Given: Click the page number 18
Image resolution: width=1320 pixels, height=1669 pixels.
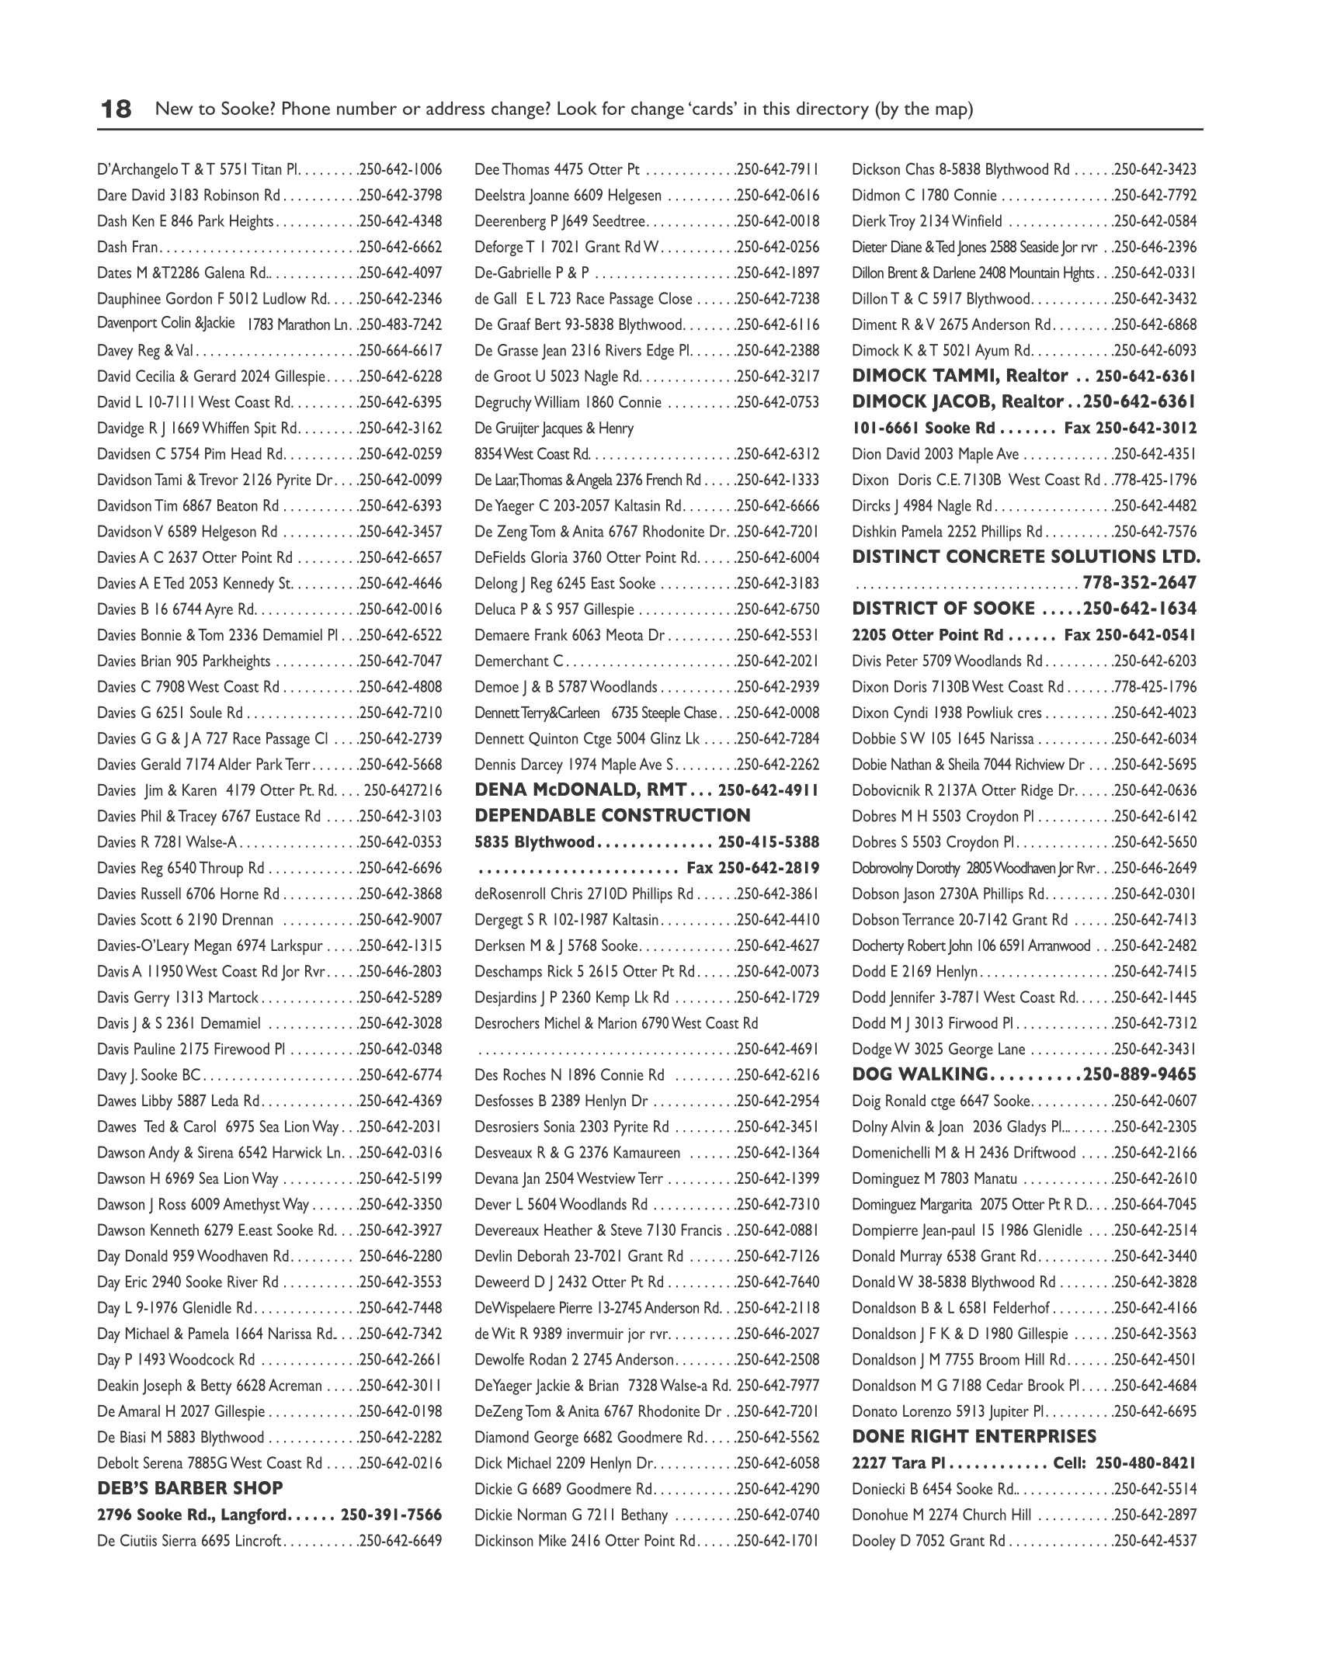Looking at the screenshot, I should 116,109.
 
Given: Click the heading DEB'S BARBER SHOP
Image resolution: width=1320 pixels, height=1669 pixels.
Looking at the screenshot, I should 190,1488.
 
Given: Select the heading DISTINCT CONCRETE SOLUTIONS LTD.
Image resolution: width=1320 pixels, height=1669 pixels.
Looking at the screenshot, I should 1026,557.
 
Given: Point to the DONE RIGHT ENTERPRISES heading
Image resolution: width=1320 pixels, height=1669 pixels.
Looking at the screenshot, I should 974,1436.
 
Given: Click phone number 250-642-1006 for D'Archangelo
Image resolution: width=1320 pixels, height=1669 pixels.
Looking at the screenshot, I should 401,169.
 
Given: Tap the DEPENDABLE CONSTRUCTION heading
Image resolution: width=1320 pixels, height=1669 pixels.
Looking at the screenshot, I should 613,815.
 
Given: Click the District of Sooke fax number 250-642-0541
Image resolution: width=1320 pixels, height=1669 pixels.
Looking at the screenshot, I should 1146,635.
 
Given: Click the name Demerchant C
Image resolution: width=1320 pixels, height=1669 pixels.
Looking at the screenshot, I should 519,661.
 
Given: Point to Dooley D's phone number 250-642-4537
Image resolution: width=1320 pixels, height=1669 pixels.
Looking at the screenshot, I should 1156,1540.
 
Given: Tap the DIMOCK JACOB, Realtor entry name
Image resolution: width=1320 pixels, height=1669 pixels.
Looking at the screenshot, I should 957,401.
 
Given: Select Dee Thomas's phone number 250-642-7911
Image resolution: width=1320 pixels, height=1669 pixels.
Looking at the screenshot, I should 779,169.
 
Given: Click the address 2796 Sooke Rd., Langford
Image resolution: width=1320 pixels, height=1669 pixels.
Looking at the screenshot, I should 193,1514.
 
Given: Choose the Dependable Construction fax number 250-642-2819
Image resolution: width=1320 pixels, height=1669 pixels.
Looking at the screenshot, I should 769,867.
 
